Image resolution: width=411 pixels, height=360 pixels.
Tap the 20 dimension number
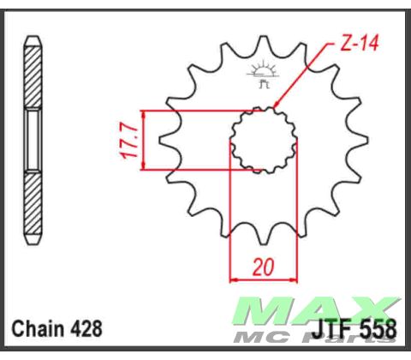(x=262, y=267)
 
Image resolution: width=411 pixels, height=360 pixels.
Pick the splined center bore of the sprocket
(x=262, y=140)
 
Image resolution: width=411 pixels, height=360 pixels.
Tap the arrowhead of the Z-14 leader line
(x=278, y=107)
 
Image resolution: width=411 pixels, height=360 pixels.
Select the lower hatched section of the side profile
(x=33, y=206)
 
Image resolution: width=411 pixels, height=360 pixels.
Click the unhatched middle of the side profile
(x=33, y=141)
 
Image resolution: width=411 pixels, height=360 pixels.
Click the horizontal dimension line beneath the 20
(x=262, y=279)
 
